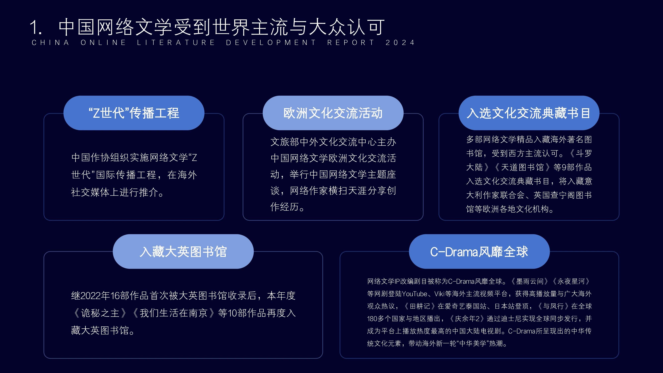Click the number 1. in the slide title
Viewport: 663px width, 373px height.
point(36,27)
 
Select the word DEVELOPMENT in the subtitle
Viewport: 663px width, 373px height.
point(271,42)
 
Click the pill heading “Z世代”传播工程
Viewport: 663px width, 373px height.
point(134,113)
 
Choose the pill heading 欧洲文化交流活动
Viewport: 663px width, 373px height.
point(333,113)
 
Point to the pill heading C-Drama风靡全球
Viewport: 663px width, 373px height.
point(479,251)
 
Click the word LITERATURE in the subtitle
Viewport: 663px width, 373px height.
point(176,42)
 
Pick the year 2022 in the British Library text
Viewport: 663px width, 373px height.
point(91,296)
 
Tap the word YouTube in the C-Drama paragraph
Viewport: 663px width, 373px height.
point(415,294)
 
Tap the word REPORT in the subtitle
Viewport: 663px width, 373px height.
point(351,42)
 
